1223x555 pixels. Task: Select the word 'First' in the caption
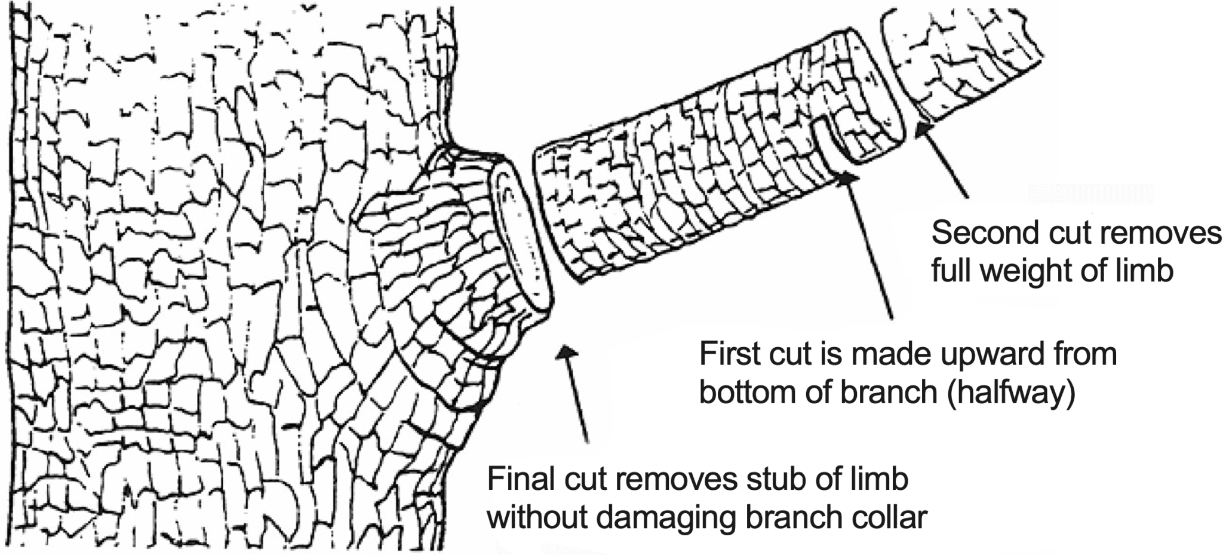[724, 354]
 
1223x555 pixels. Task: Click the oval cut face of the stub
[520, 236]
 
